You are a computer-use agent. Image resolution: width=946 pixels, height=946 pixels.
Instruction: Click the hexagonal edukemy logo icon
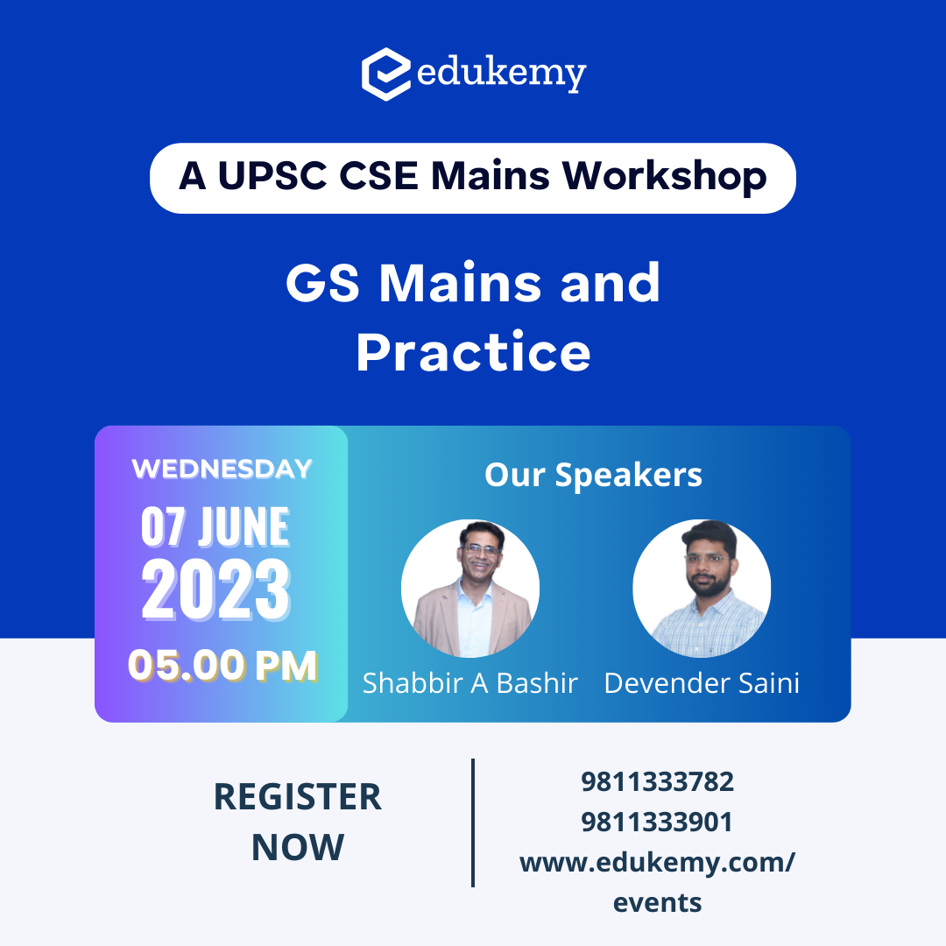point(386,74)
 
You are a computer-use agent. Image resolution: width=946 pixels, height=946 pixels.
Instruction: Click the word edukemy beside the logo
point(501,74)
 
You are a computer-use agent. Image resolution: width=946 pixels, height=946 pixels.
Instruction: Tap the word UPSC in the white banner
point(272,176)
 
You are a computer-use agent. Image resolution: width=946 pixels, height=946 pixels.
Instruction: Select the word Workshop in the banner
point(664,177)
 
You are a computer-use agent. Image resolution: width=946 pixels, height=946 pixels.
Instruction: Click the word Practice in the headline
point(473,352)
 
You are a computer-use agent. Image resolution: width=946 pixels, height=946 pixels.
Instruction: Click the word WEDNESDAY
point(222,469)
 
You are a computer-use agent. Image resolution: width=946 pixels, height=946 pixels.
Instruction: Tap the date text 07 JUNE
point(215,526)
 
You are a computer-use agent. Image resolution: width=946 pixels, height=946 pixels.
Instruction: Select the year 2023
point(216,589)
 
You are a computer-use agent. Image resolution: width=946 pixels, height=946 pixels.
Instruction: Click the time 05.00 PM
point(222,666)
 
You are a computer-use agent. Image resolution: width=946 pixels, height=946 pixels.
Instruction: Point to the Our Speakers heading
point(594,475)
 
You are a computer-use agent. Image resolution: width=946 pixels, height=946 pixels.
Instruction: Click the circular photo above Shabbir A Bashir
point(470,589)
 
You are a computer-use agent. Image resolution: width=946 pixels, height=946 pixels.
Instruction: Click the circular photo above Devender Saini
point(702,589)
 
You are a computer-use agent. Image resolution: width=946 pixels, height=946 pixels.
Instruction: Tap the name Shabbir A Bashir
point(470,683)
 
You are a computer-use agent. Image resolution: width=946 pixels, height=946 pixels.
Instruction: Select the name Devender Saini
point(702,683)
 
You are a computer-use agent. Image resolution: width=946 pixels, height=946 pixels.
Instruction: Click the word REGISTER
point(298,796)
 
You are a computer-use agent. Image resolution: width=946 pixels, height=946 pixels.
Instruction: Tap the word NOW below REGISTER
point(298,847)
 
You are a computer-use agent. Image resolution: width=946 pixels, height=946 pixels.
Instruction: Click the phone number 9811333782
point(657,782)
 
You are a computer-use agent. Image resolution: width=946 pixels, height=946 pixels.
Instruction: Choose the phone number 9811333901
point(657,822)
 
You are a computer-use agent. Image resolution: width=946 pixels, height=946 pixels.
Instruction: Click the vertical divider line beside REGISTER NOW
point(473,822)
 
